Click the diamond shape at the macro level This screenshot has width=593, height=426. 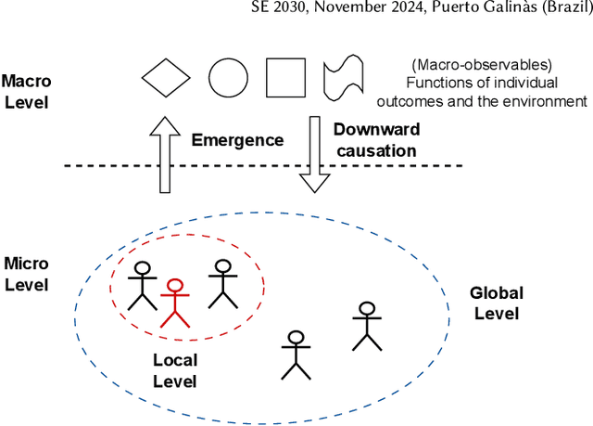(x=169, y=78)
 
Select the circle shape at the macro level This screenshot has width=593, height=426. (x=227, y=78)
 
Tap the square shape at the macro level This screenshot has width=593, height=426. (x=285, y=78)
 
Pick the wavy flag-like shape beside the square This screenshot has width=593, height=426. (x=340, y=78)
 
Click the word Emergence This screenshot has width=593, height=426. (x=237, y=141)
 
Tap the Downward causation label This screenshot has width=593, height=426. (x=374, y=139)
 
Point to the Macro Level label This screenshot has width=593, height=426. (x=28, y=91)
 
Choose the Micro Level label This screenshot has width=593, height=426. (x=28, y=275)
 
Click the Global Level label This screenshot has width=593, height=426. (x=497, y=303)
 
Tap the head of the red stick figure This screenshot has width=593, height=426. (x=174, y=288)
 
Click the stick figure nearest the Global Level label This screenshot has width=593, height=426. (x=367, y=327)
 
